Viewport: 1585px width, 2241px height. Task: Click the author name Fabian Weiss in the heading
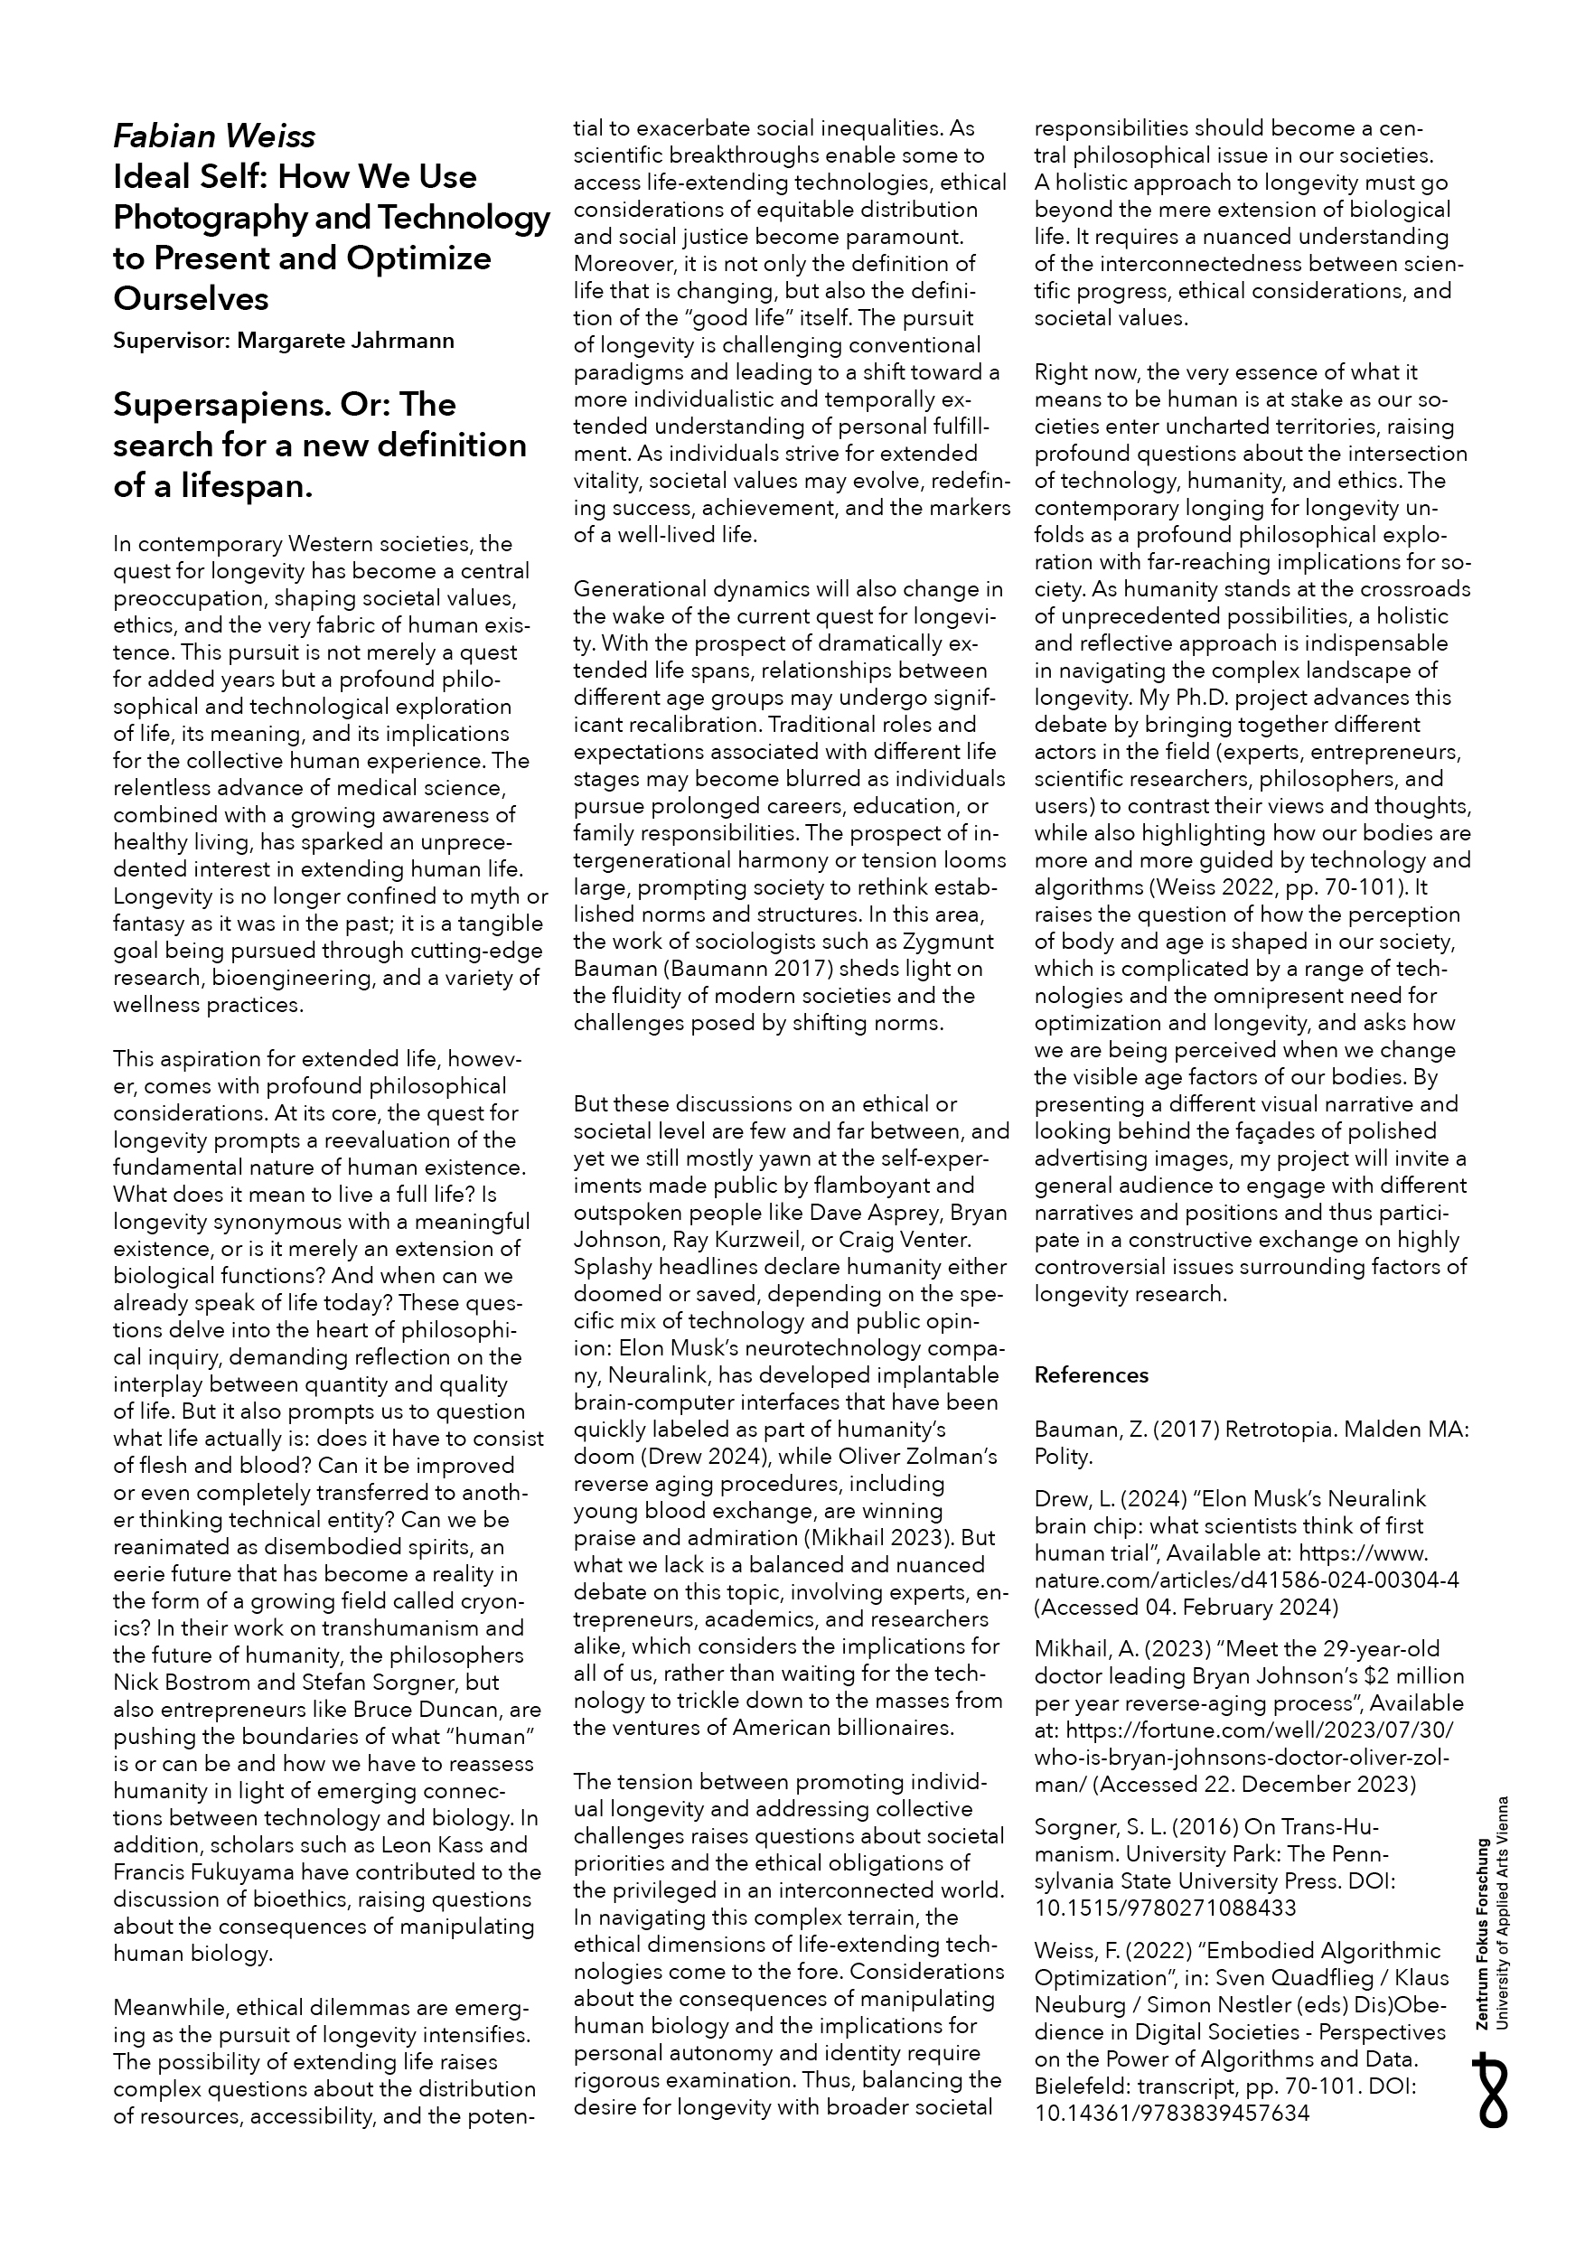(214, 135)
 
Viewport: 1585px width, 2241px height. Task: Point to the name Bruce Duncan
(423, 1709)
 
